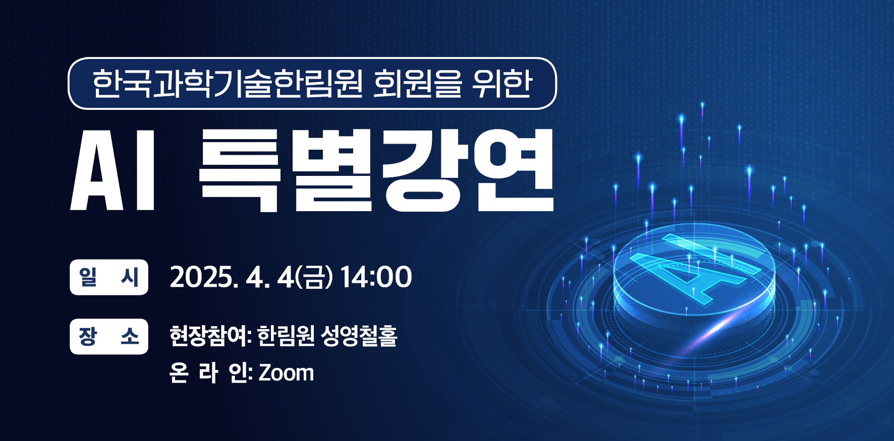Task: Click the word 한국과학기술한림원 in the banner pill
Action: click(227, 84)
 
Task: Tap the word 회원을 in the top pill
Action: click(417, 84)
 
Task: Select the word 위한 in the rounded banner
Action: click(502, 84)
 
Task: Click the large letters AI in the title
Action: click(113, 170)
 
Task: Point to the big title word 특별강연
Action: click(376, 170)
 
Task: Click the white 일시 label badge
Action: click(109, 277)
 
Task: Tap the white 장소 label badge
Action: click(109, 337)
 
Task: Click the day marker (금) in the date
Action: click(314, 278)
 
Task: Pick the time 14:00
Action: click(376, 277)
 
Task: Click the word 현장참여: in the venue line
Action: click(210, 336)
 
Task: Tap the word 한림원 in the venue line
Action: click(286, 336)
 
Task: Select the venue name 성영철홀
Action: click(359, 336)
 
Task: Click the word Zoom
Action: click(287, 373)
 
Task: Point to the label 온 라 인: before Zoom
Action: click(211, 373)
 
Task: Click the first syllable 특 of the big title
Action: click(239, 170)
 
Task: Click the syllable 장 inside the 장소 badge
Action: click(88, 337)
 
